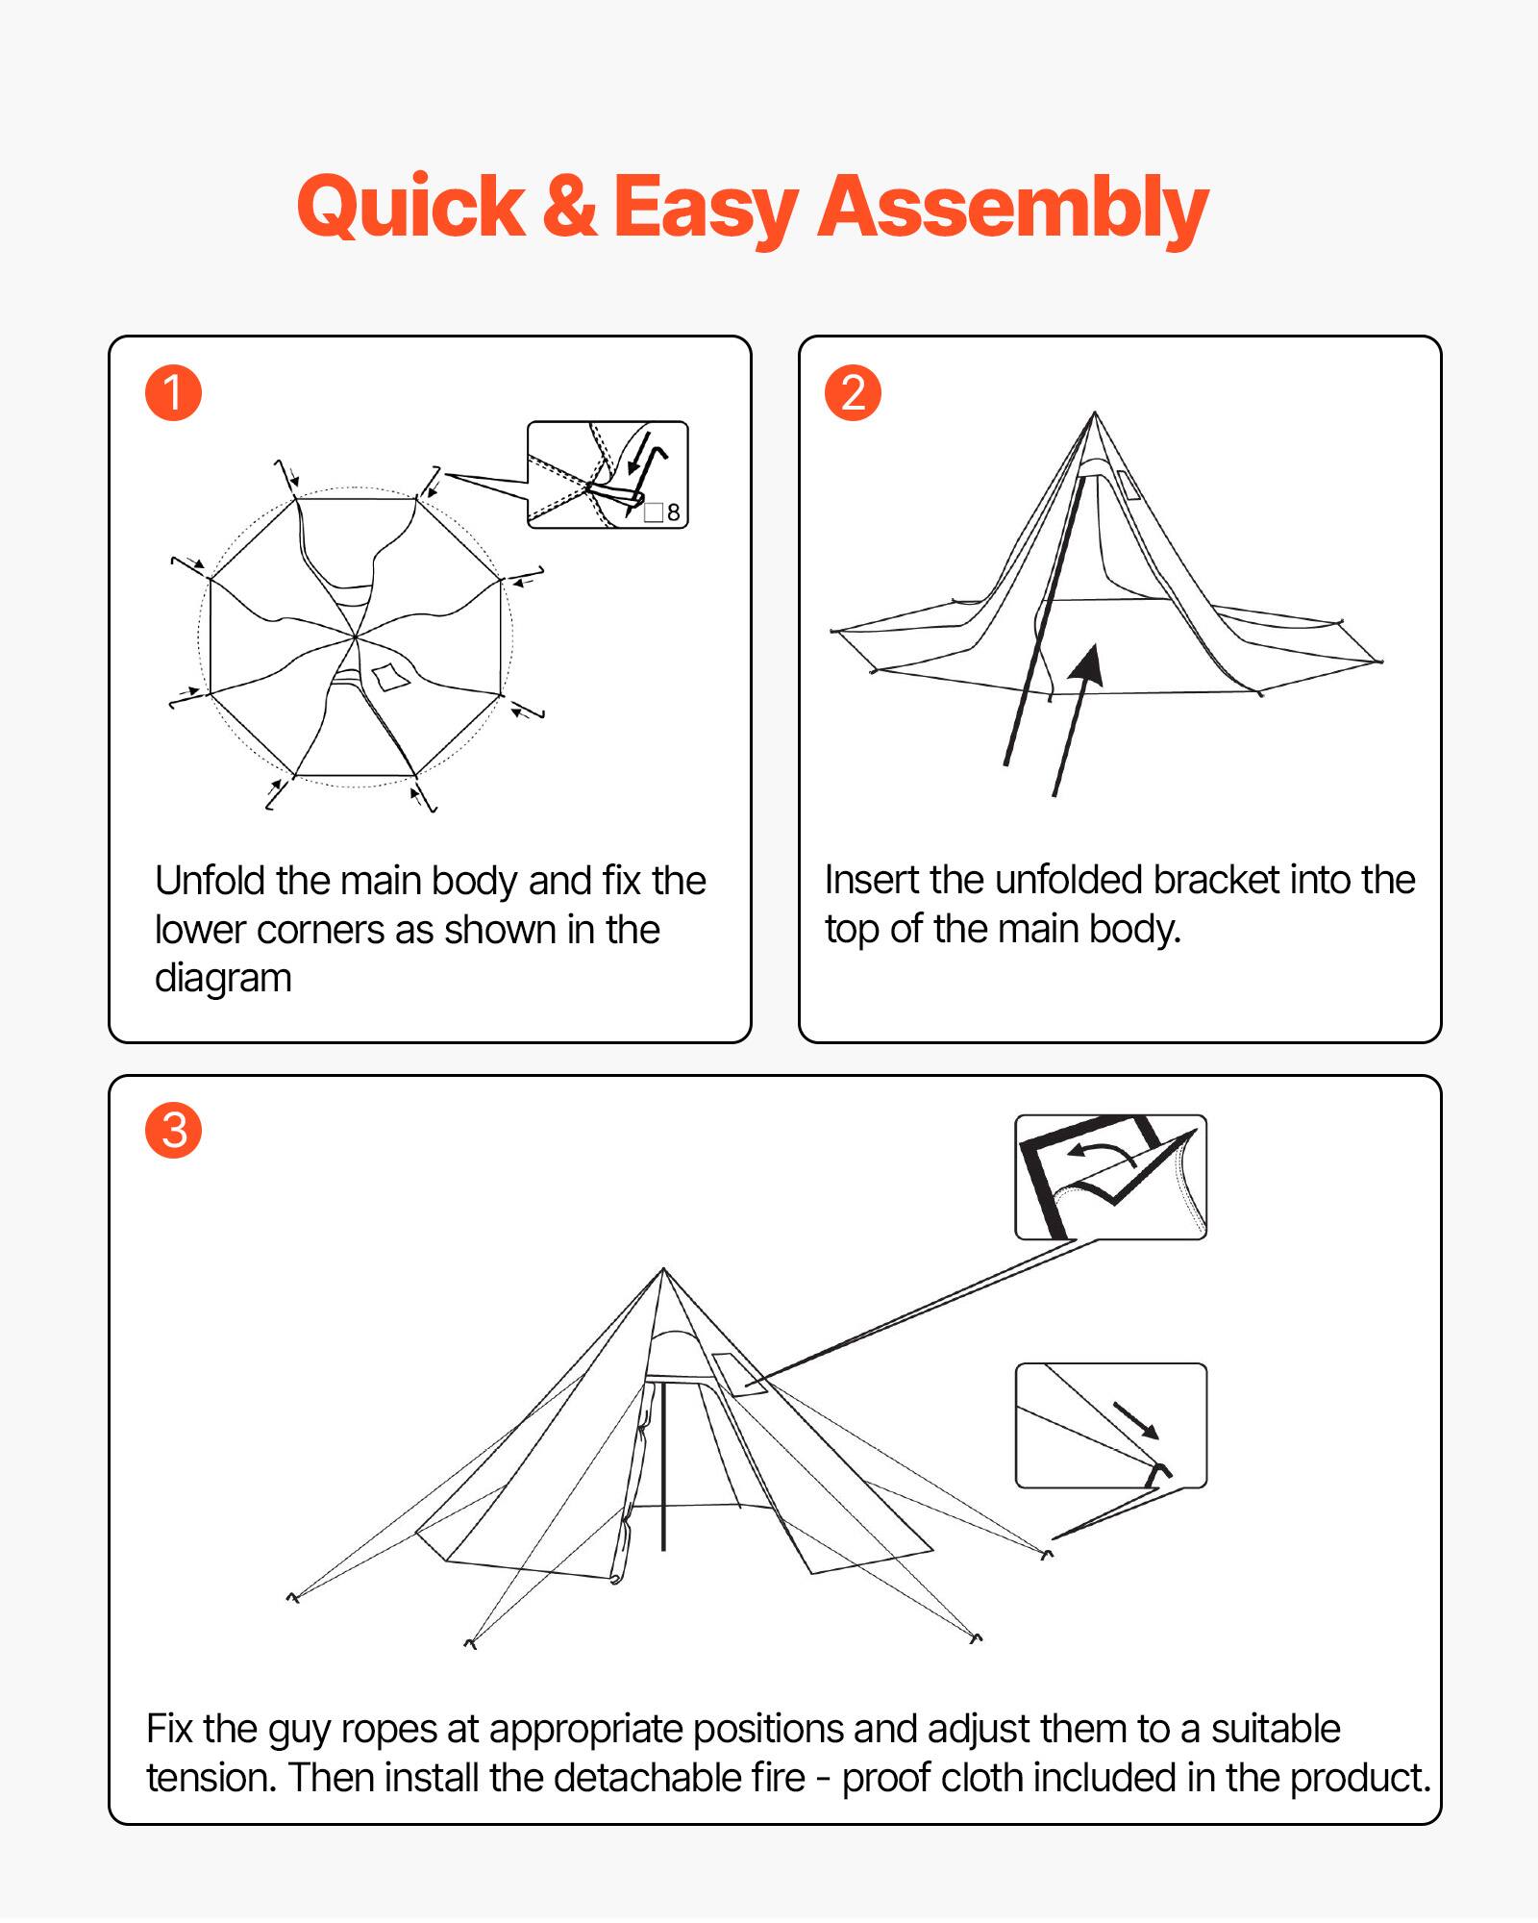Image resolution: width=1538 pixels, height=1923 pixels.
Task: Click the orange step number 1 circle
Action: pyautogui.click(x=173, y=392)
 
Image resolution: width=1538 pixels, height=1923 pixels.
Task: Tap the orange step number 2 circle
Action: pyautogui.click(x=853, y=392)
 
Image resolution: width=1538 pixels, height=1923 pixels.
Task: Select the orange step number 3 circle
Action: pyautogui.click(x=173, y=1130)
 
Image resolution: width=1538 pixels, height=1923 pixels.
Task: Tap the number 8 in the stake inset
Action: pyautogui.click(x=673, y=512)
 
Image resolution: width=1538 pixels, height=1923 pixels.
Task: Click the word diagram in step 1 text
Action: pyautogui.click(x=223, y=978)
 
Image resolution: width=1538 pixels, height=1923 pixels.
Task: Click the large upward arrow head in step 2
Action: pyautogui.click(x=1090, y=663)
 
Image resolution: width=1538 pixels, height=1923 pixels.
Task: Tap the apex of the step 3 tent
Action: pyautogui.click(x=663, y=1270)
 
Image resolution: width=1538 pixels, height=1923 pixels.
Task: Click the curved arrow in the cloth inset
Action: pyautogui.click(x=1103, y=1151)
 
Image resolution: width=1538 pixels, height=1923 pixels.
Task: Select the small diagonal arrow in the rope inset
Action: pyautogui.click(x=1137, y=1420)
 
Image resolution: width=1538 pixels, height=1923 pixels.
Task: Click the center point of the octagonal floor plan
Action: pyautogui.click(x=355, y=637)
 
